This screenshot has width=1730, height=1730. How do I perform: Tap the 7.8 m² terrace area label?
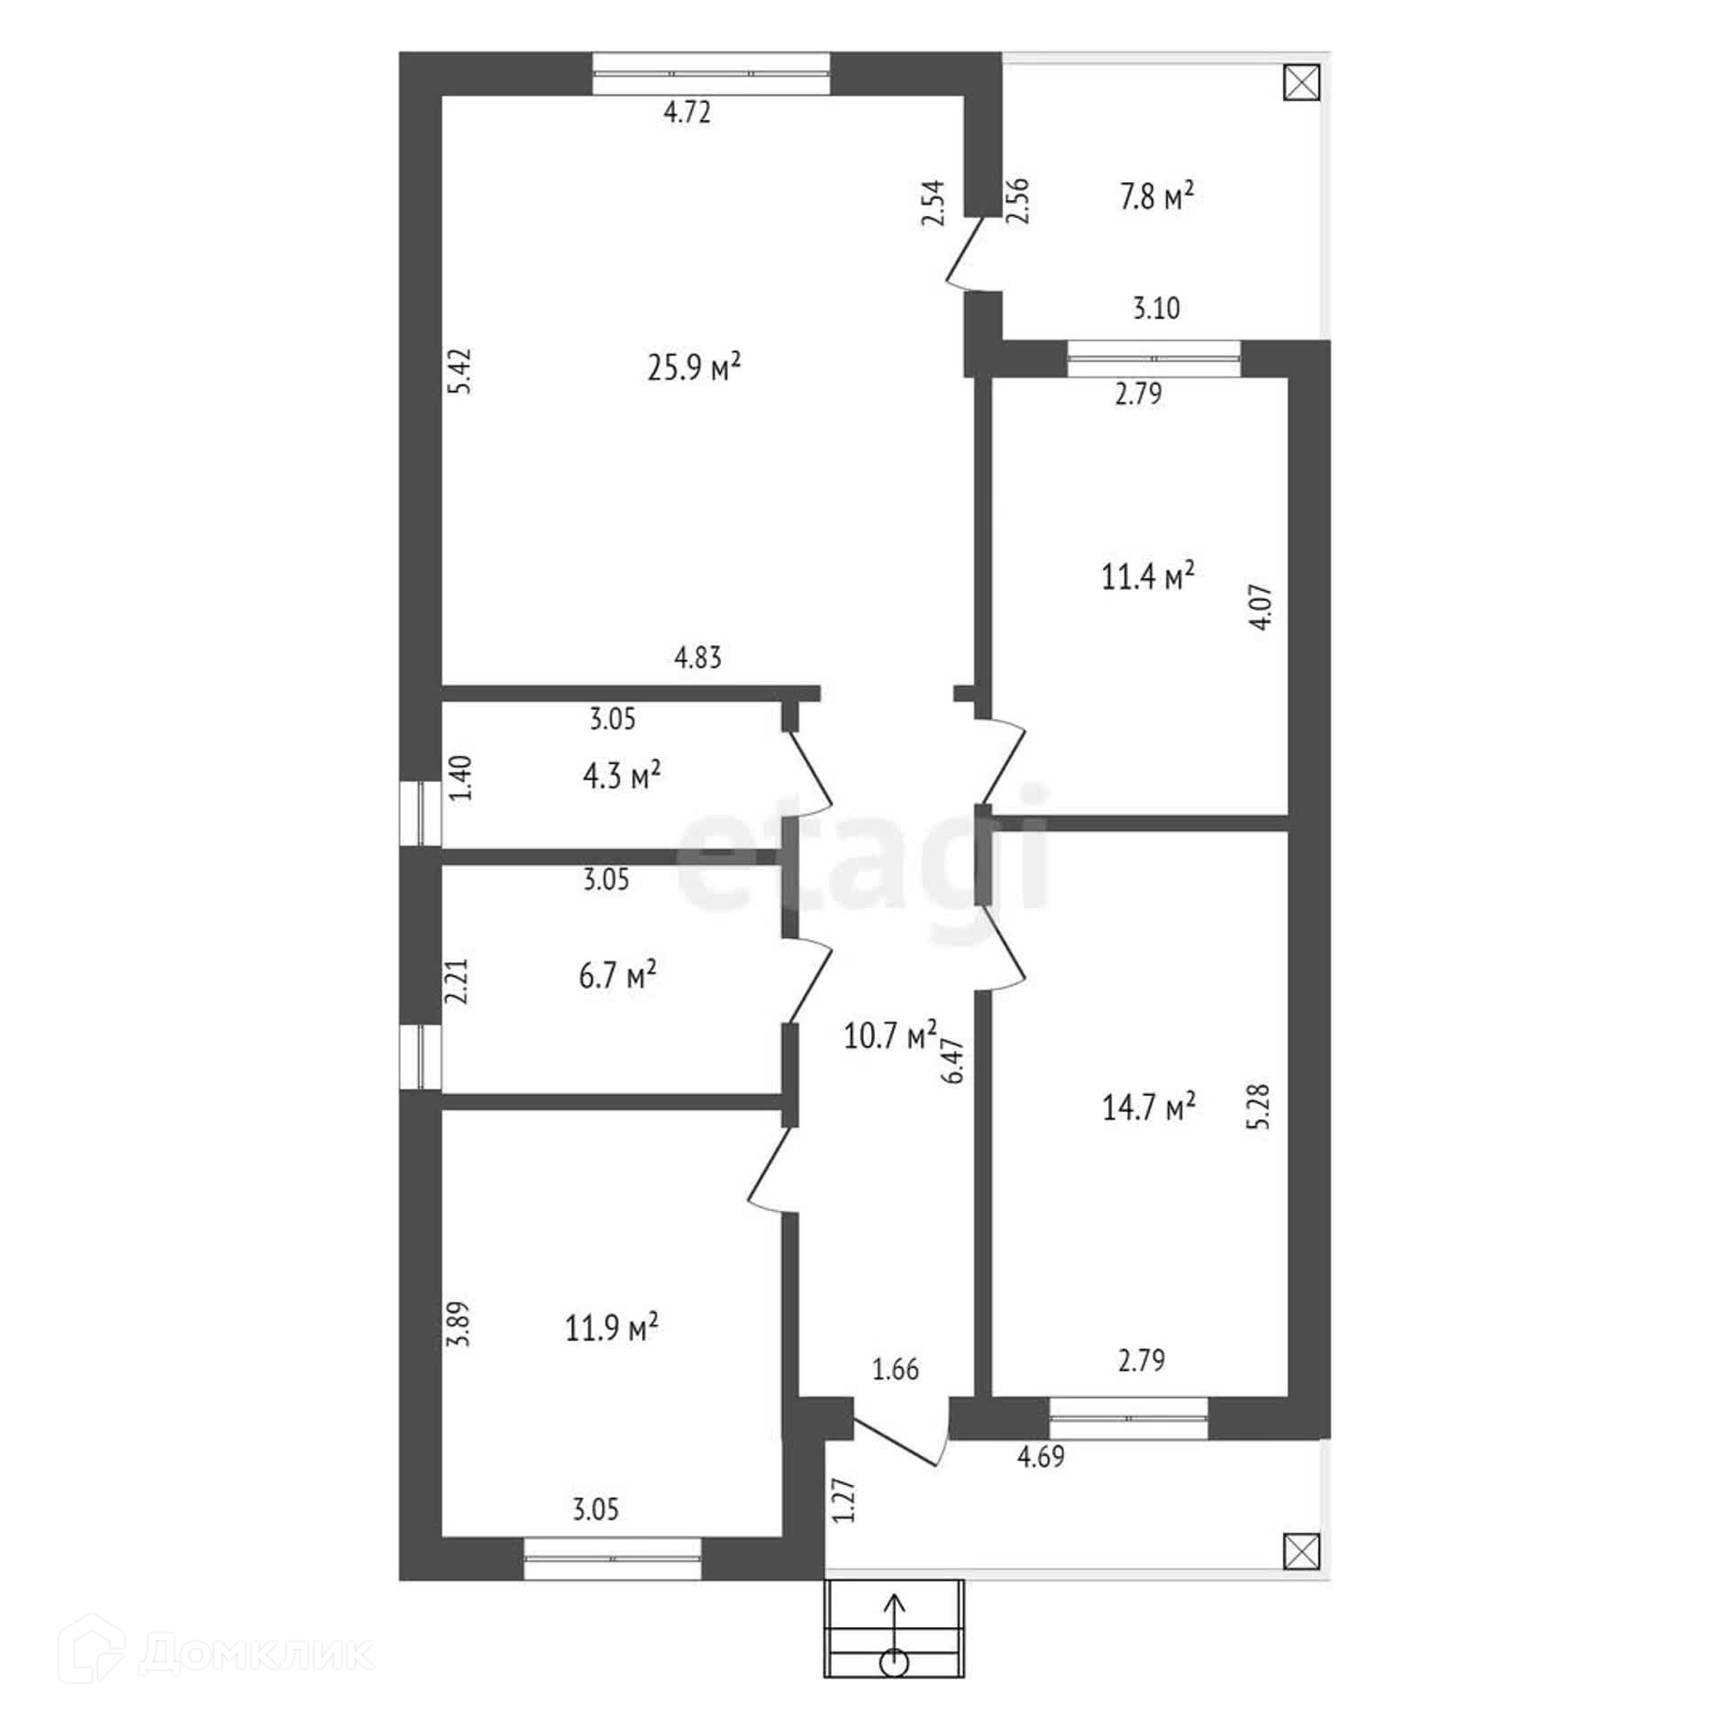pyautogui.click(x=1157, y=196)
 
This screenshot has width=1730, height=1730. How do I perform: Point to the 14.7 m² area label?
pyautogui.click(x=1149, y=1106)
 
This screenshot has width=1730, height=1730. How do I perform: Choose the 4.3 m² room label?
pyautogui.click(x=622, y=775)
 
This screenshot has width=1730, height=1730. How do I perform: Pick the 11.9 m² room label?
pyautogui.click(x=612, y=1326)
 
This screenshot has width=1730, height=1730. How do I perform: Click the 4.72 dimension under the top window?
pyautogui.click(x=687, y=112)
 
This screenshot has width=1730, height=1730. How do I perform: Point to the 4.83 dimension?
pyautogui.click(x=698, y=658)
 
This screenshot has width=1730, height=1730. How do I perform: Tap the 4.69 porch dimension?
pyautogui.click(x=1041, y=1456)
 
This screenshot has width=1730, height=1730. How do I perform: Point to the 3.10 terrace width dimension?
pyautogui.click(x=1156, y=308)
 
